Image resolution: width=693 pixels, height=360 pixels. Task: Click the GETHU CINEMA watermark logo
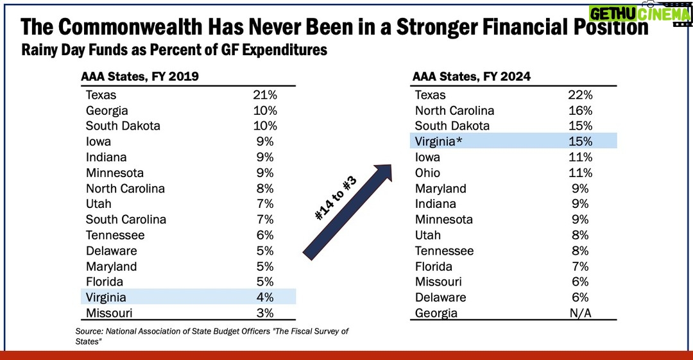pyautogui.click(x=639, y=13)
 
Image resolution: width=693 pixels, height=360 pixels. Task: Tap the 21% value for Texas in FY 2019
pyautogui.click(x=264, y=95)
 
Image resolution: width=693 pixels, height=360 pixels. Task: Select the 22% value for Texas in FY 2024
pyautogui.click(x=579, y=95)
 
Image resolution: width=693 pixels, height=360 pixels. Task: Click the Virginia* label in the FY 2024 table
pyautogui.click(x=439, y=142)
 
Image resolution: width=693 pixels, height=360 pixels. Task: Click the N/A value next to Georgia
pyautogui.click(x=579, y=313)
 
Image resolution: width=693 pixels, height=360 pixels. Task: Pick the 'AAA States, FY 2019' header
pyautogui.click(x=140, y=76)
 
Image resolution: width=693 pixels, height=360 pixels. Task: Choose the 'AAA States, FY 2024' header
pyautogui.click(x=472, y=76)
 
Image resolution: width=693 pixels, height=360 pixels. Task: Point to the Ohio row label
pyautogui.click(x=428, y=173)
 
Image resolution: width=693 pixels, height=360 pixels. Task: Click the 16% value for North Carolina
pyautogui.click(x=579, y=110)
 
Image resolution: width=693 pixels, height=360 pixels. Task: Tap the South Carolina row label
pyautogui.click(x=126, y=219)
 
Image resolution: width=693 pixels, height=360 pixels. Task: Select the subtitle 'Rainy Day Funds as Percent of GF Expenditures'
pyautogui.click(x=174, y=49)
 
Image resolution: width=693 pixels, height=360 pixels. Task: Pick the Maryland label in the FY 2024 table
pyautogui.click(x=440, y=189)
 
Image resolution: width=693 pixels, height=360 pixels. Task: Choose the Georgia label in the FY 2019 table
pyautogui.click(x=107, y=110)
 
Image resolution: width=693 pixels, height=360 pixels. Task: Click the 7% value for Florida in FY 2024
pyautogui.click(x=579, y=266)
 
